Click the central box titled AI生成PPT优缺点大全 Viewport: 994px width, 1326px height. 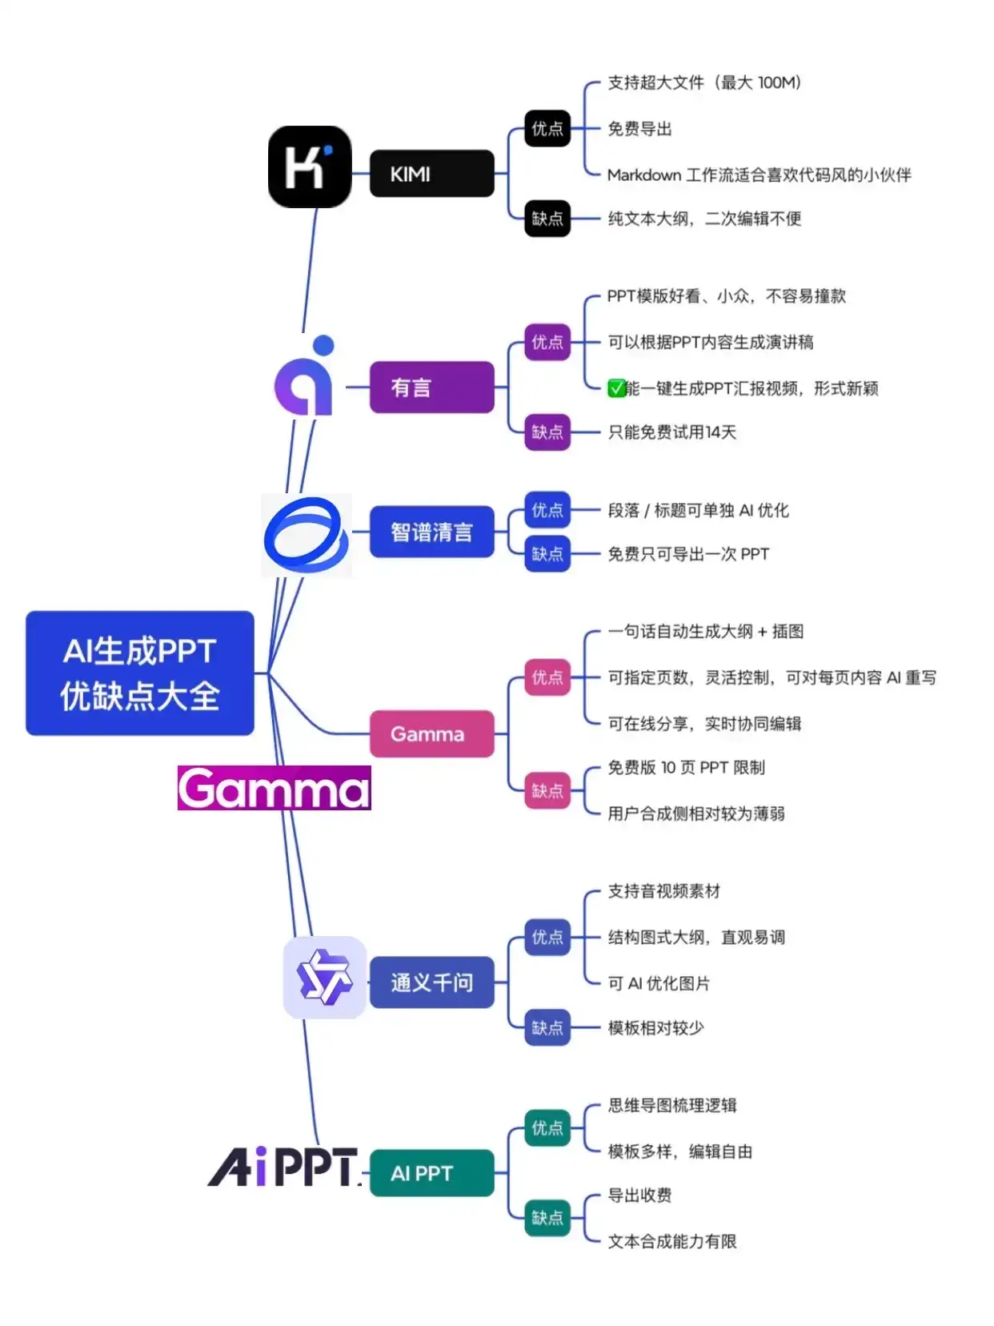click(x=139, y=673)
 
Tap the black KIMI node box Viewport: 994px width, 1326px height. click(x=431, y=173)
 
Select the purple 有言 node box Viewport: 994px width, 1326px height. click(x=431, y=387)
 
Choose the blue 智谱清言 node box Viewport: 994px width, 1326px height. click(x=431, y=532)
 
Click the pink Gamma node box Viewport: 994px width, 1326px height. click(x=431, y=733)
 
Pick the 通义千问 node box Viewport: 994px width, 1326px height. click(x=431, y=982)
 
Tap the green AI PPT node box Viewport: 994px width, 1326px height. click(x=431, y=1173)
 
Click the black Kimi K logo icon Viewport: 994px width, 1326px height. click(x=309, y=167)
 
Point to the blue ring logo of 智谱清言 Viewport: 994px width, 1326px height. click(x=306, y=535)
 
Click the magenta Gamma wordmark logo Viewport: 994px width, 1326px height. click(x=274, y=788)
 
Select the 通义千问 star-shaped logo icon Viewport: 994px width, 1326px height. click(x=324, y=977)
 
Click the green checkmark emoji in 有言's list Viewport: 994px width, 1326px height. click(x=615, y=388)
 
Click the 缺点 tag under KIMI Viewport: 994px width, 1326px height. click(x=547, y=219)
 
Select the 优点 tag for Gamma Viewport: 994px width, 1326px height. click(x=547, y=677)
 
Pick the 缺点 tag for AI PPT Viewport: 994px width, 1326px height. click(x=547, y=1218)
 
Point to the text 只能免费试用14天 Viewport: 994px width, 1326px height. click(x=671, y=432)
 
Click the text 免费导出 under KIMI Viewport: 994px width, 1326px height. click(x=639, y=129)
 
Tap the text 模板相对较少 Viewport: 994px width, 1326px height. click(x=655, y=1027)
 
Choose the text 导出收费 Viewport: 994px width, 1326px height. click(x=639, y=1195)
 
